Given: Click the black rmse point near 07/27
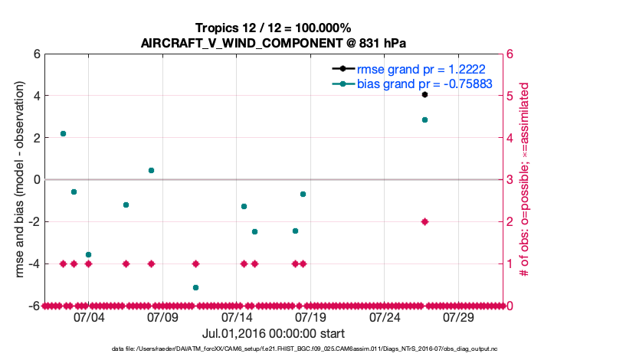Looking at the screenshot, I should pos(425,94).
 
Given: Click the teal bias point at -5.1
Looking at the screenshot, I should pos(195,287).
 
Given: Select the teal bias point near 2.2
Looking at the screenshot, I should pos(63,133).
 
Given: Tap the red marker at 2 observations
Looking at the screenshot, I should pos(425,221).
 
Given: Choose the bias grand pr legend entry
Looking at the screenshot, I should pos(424,83).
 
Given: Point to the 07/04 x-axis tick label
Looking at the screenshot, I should pos(88,316).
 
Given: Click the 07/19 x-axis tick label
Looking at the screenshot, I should pos(311,316).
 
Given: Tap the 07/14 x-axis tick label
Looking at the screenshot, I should pos(237,316).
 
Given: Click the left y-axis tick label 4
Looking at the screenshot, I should pos(36,96).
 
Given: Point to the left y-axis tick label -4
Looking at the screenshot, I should pos(34,263).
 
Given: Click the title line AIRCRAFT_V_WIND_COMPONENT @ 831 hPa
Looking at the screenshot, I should pos(273,43).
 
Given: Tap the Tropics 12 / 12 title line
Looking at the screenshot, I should pos(273,28).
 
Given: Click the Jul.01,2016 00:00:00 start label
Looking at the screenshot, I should pos(273,334).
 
